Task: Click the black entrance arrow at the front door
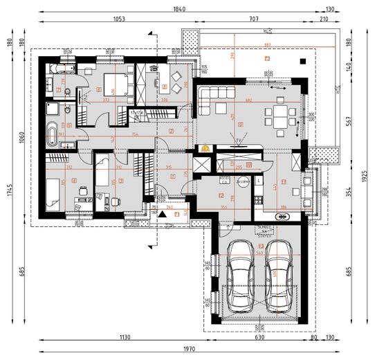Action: (163, 215)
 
